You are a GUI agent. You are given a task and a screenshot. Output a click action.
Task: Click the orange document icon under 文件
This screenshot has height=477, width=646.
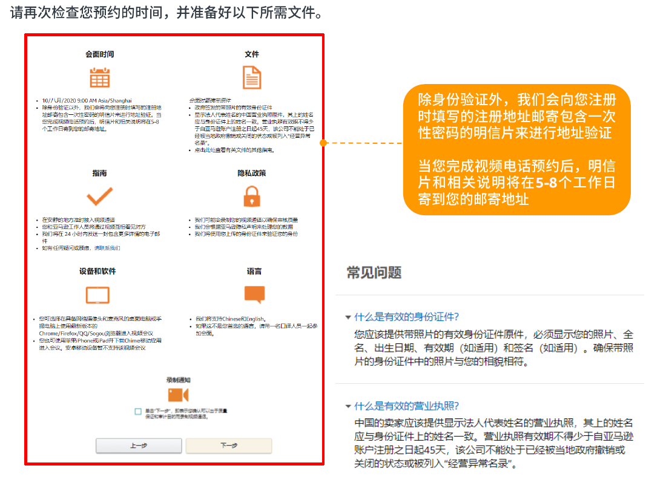point(252,78)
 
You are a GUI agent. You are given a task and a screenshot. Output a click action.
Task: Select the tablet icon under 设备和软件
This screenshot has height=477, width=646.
point(97,295)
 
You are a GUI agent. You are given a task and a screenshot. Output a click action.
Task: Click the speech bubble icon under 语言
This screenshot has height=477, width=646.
point(254,294)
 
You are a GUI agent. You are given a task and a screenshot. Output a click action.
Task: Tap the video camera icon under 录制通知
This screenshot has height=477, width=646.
point(178,395)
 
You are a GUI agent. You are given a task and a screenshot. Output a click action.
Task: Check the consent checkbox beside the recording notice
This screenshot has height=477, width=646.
point(139,411)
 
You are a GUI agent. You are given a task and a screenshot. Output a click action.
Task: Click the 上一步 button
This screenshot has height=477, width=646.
point(139,446)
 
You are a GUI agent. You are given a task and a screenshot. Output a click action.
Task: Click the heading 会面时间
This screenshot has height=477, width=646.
point(100,54)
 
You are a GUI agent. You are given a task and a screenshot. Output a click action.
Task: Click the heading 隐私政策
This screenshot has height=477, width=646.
point(252,173)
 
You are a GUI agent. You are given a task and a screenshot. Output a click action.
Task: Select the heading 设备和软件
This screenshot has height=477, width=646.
point(97,271)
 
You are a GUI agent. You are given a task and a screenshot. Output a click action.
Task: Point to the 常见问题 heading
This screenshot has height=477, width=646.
point(374,273)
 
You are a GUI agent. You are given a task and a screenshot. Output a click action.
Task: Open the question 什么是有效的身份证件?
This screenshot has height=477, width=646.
point(406,317)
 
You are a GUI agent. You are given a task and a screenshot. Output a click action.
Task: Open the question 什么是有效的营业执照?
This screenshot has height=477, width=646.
point(406,406)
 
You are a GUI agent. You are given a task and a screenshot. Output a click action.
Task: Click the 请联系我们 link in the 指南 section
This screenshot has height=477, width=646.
point(107,248)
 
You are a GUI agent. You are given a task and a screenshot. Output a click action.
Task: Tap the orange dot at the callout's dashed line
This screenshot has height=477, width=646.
point(323,143)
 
